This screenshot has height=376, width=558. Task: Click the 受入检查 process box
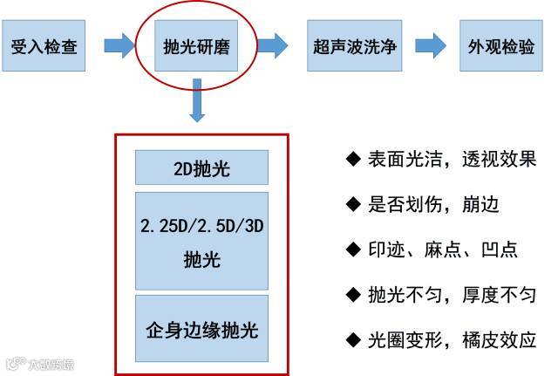coord(44,44)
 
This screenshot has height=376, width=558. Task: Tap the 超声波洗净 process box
coord(353,44)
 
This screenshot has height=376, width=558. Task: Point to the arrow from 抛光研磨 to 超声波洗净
coord(273,44)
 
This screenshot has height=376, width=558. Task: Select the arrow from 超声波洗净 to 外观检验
coord(430,44)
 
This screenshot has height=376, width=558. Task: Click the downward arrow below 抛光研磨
coord(198,103)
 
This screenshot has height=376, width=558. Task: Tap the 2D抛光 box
coord(201,168)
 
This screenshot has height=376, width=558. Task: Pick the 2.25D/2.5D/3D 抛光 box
coord(201,242)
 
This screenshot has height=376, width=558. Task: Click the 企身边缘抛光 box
coord(201,332)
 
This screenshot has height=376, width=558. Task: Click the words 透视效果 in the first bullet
coord(498,159)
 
